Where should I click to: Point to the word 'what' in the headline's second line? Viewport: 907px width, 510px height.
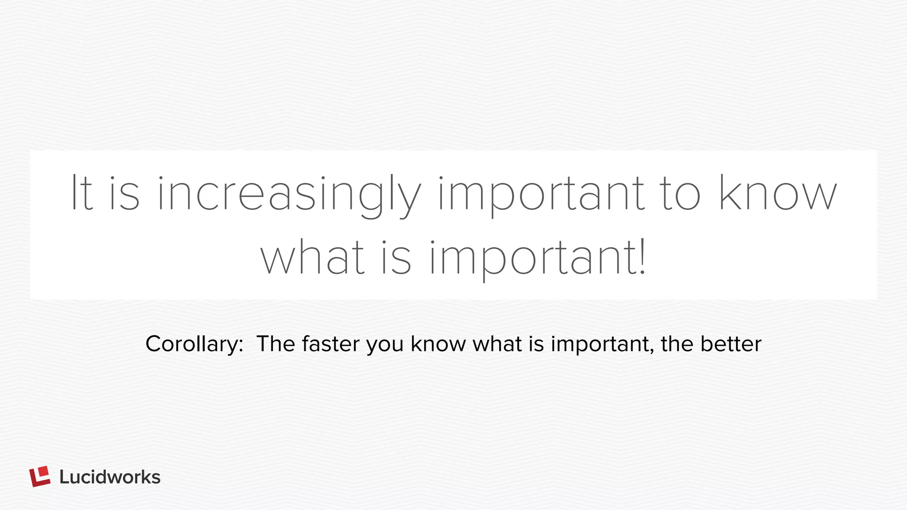(x=313, y=258)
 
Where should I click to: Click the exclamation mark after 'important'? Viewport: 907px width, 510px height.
(x=643, y=257)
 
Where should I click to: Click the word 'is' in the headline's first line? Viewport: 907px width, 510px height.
(x=124, y=193)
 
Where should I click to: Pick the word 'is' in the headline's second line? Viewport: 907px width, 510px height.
(x=396, y=258)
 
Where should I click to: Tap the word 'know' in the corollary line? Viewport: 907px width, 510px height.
(x=438, y=344)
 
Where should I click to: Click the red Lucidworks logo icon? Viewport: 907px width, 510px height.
(x=40, y=477)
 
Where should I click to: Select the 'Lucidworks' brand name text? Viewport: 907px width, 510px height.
(x=110, y=477)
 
